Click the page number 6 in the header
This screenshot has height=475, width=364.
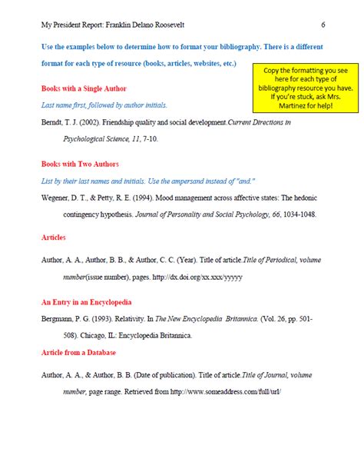coord(323,25)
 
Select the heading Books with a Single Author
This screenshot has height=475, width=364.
coord(84,88)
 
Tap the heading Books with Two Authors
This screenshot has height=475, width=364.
coord(80,164)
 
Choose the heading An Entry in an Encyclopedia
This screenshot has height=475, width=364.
coord(86,302)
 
